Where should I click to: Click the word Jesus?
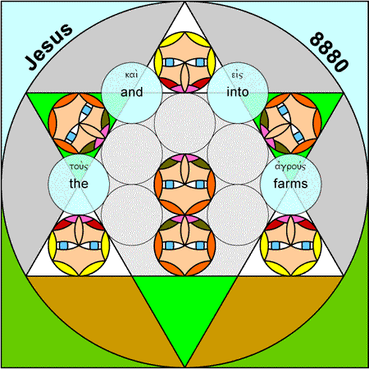49,47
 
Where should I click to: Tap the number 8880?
329,52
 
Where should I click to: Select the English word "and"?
132,92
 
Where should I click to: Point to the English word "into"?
238,92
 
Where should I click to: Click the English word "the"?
79,184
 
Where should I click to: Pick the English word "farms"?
290,184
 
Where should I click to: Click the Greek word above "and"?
131,75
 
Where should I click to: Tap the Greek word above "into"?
237,75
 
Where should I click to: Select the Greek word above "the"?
79,166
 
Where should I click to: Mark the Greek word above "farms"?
290,166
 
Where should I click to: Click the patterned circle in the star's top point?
184,62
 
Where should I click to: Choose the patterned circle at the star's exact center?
184,184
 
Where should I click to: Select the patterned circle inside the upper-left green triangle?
79,123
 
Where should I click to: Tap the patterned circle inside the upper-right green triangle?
290,123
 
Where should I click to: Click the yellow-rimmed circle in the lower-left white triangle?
79,245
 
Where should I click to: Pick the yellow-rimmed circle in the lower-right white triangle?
290,245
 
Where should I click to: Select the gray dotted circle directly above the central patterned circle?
184,123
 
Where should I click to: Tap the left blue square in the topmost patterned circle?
169,62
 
